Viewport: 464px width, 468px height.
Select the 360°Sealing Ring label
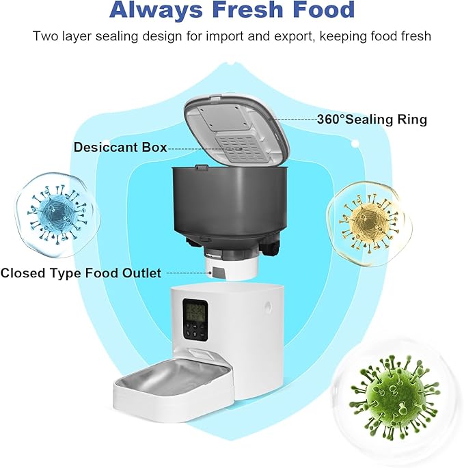tap(372, 120)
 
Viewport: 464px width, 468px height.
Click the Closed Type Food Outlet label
tap(81, 273)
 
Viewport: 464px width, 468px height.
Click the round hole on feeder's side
tap(264, 312)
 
